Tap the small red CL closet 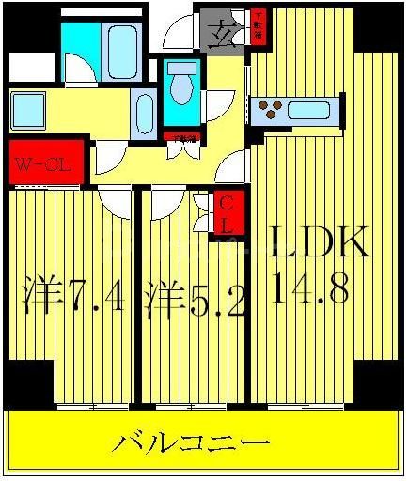click(x=228, y=214)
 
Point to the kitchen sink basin click(x=307, y=110)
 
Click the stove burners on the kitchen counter click(x=270, y=110)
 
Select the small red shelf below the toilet click(x=183, y=138)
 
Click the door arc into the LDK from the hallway click(x=229, y=169)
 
